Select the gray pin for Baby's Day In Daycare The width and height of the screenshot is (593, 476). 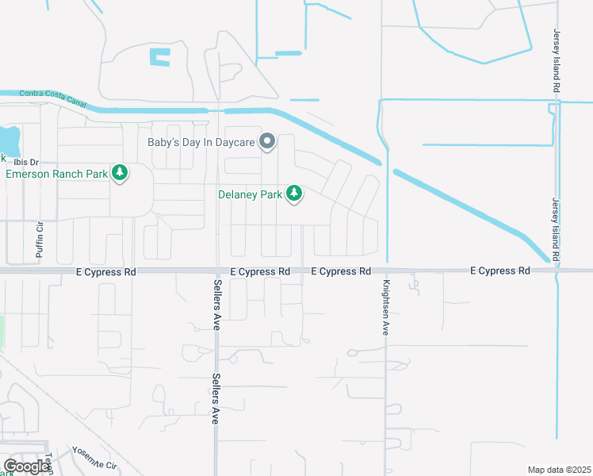[x=267, y=142]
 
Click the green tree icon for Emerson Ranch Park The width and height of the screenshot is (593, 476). [x=120, y=172]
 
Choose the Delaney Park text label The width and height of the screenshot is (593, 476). [x=251, y=194]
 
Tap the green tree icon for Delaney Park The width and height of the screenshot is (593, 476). [x=294, y=194]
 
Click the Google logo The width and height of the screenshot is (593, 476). [x=27, y=466]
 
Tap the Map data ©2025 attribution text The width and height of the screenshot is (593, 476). [x=559, y=470]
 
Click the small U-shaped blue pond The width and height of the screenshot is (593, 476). [x=159, y=57]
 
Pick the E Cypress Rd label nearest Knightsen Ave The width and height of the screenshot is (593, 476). [x=341, y=271]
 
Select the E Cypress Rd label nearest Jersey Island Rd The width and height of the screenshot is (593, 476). [x=499, y=271]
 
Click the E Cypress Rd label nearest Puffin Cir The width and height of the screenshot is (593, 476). [x=106, y=271]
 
